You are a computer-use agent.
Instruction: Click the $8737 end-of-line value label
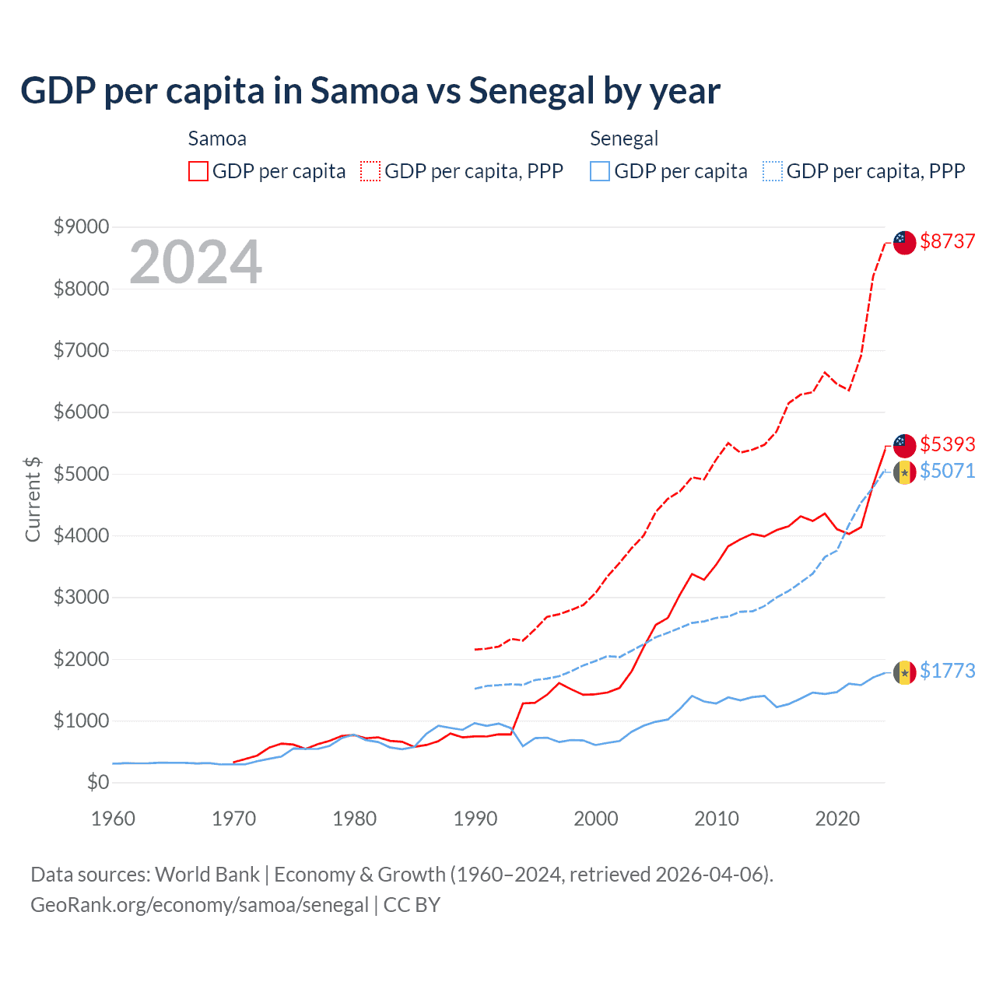[947, 241]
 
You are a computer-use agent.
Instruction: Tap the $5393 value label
[947, 444]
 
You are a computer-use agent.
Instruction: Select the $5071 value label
[947, 471]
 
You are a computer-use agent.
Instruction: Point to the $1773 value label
[947, 671]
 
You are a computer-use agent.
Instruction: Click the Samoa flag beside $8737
[904, 242]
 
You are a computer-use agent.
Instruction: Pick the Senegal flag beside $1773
[904, 672]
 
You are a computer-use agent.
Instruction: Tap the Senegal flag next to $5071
[904, 472]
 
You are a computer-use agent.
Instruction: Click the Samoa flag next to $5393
[904, 446]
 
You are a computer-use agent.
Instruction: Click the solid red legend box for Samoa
[198, 171]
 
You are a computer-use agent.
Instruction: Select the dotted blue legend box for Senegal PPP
[773, 171]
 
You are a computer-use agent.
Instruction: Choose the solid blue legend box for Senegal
[600, 171]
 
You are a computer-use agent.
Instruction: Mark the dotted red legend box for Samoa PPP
[370, 171]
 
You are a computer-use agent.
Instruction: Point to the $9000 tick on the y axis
[81, 226]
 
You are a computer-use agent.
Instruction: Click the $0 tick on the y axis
[97, 782]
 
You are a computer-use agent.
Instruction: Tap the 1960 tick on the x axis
[113, 819]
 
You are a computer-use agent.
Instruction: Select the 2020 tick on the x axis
[837, 819]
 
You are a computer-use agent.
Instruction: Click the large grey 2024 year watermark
[195, 262]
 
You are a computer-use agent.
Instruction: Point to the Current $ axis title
[33, 499]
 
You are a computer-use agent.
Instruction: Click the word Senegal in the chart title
[531, 90]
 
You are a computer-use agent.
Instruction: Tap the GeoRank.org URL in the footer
[199, 905]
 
